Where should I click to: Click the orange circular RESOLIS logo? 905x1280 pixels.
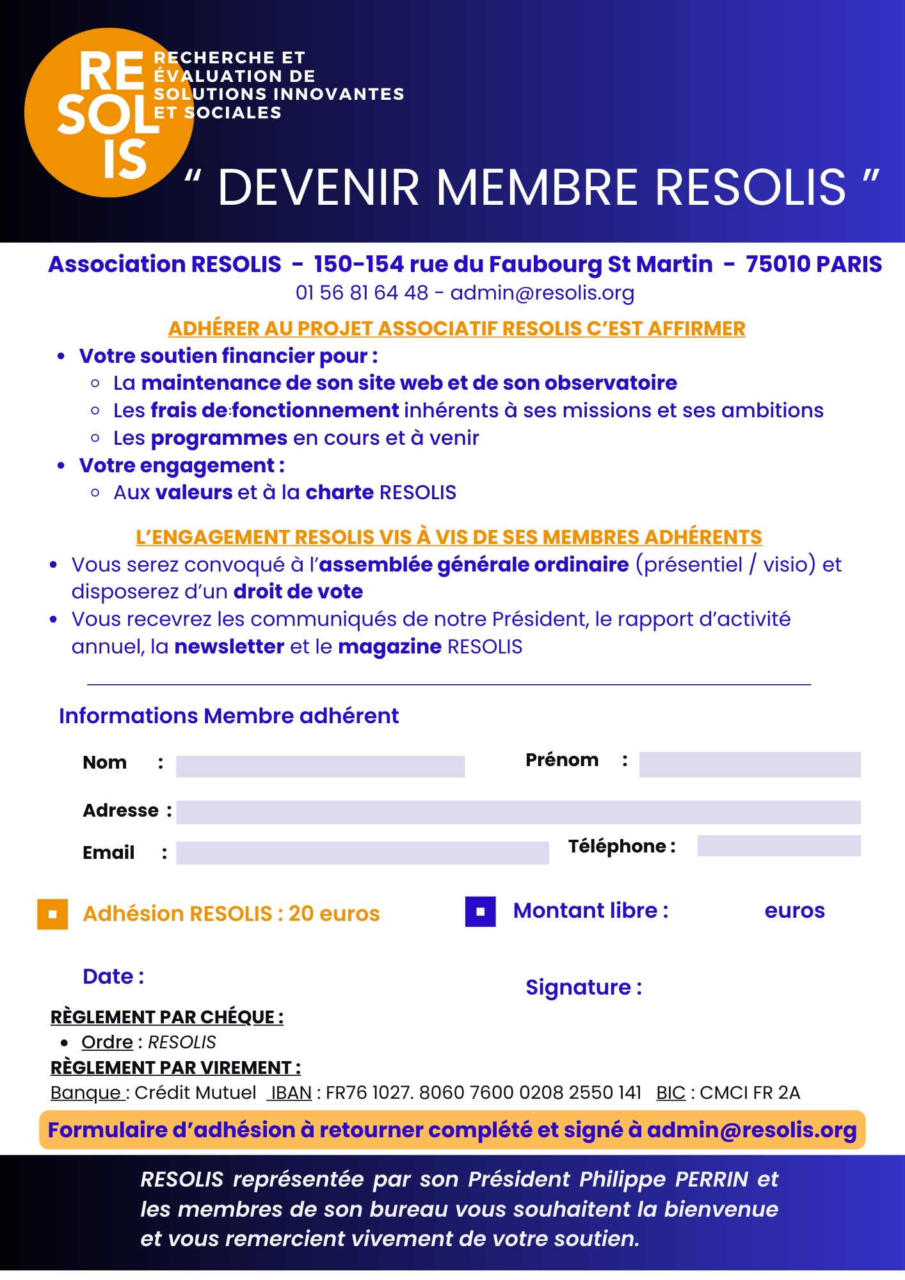point(109,113)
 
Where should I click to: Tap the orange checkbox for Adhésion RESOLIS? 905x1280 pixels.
point(52,914)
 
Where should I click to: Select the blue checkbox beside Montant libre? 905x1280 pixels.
point(480,911)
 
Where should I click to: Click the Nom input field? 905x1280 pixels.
point(320,766)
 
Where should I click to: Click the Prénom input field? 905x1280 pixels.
point(749,764)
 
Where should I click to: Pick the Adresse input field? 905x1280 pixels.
point(518,812)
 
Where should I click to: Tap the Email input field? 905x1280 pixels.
point(362,852)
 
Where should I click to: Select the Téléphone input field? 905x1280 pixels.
point(778,845)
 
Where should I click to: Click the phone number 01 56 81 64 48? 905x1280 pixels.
point(362,292)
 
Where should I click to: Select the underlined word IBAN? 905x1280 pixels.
point(291,1092)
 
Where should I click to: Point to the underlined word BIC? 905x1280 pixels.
point(670,1092)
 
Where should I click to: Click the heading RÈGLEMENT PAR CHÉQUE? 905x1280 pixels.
point(166,1017)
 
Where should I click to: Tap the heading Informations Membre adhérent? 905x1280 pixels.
point(228,716)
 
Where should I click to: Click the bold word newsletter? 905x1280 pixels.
point(229,646)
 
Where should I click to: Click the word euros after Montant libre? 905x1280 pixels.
point(794,911)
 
